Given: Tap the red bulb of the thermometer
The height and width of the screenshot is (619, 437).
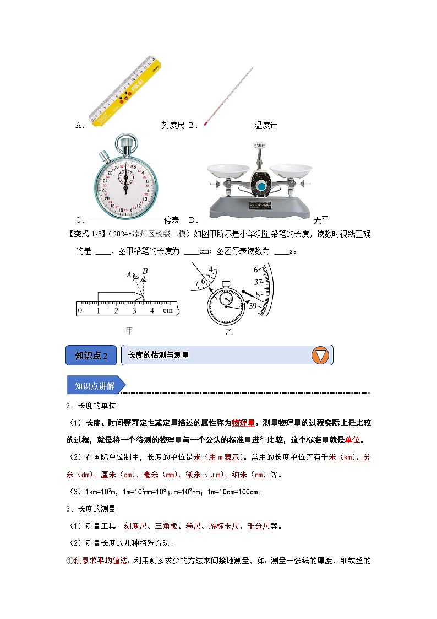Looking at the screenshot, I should [205, 123].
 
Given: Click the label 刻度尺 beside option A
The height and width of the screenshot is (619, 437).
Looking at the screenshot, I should [173, 125].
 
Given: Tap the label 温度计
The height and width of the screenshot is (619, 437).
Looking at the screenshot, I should [266, 125].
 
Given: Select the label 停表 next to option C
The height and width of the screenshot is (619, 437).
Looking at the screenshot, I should [172, 219].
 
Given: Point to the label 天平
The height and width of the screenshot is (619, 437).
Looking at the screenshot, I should [320, 219].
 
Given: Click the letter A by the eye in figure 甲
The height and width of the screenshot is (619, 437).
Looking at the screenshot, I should [129, 274].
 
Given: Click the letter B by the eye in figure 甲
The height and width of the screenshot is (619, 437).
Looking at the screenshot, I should [145, 271].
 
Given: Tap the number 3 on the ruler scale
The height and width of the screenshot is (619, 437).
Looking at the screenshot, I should [134, 311].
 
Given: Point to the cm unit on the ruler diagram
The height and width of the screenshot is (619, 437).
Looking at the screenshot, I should [167, 310].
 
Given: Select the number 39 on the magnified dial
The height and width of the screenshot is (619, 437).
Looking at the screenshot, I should [254, 306].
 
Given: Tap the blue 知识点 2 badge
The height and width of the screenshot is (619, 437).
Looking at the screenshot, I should [91, 356].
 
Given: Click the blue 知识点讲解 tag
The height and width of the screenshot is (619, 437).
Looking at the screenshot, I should [95, 385].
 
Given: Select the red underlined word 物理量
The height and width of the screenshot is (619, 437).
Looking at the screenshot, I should [243, 423].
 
